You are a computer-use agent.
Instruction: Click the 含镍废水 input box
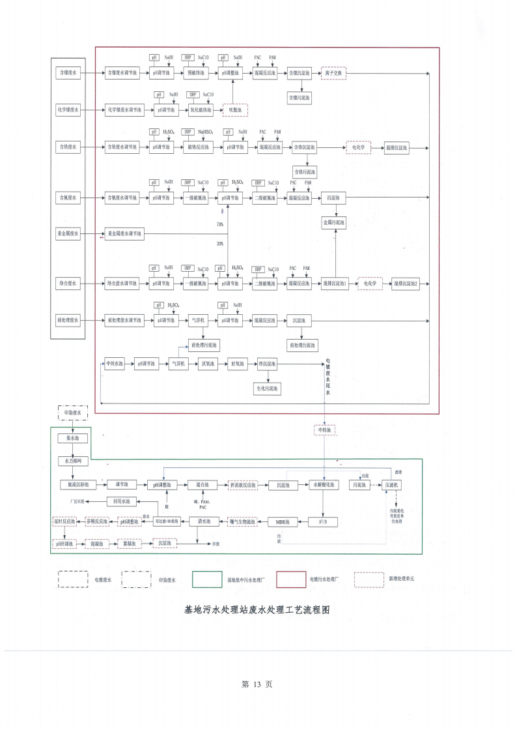68,74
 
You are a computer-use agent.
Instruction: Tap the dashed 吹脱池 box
235,110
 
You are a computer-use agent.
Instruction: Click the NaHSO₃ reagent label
206,132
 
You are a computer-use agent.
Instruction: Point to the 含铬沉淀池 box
304,148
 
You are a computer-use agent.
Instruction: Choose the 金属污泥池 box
335,223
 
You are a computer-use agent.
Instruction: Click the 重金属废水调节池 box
124,233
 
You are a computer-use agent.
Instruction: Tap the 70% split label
220,224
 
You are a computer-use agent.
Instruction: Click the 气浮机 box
197,321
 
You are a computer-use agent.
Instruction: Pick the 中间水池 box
115,364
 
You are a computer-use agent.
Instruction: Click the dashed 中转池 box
324,430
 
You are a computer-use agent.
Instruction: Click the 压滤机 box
393,485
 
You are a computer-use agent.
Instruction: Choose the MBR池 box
283,521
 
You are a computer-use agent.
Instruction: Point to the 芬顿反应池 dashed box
98,521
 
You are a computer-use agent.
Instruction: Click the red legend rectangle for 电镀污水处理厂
290,579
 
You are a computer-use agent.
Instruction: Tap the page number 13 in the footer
257,684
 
